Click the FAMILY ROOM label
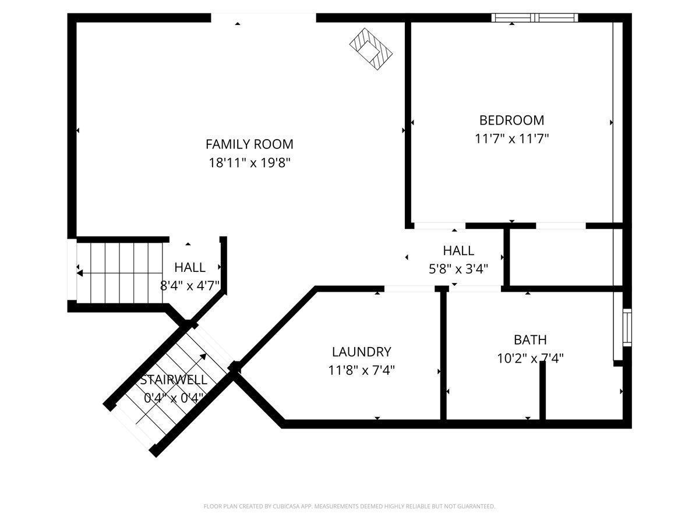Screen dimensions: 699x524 tap(249, 144)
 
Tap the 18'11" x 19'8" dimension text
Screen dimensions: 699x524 tap(250, 163)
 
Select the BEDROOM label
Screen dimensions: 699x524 tap(512, 121)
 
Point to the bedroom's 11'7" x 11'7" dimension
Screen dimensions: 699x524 tap(512, 139)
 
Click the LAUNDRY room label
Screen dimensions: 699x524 tap(362, 352)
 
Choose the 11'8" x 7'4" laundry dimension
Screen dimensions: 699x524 tap(362, 370)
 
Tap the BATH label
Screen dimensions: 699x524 tap(530, 340)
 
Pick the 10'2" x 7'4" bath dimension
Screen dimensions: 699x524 tap(530, 359)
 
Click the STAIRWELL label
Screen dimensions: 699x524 tap(174, 380)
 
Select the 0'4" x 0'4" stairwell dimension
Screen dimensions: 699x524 tap(174, 398)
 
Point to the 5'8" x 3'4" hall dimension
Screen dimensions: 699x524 tap(458, 270)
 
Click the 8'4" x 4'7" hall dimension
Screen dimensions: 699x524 tap(190, 286)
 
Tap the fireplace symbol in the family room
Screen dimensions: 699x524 tap(370, 49)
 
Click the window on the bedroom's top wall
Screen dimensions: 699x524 tap(535, 18)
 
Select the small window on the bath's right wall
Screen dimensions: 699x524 tap(627, 327)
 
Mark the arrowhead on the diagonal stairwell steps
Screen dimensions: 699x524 tap(203, 356)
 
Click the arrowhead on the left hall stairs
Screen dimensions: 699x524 tap(80, 273)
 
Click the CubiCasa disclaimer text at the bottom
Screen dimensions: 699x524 tap(349, 506)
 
